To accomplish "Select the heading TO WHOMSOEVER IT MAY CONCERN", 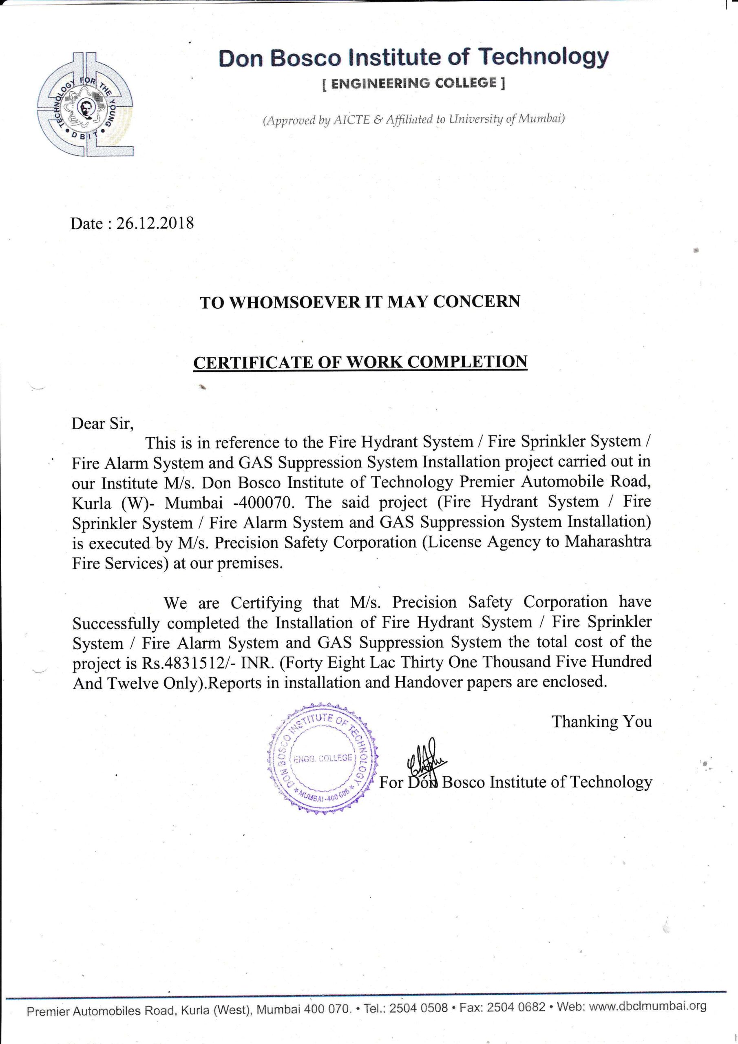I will (360, 302).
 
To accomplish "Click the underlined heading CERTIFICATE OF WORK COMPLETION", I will (360, 362).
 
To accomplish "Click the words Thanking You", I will (601, 721).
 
